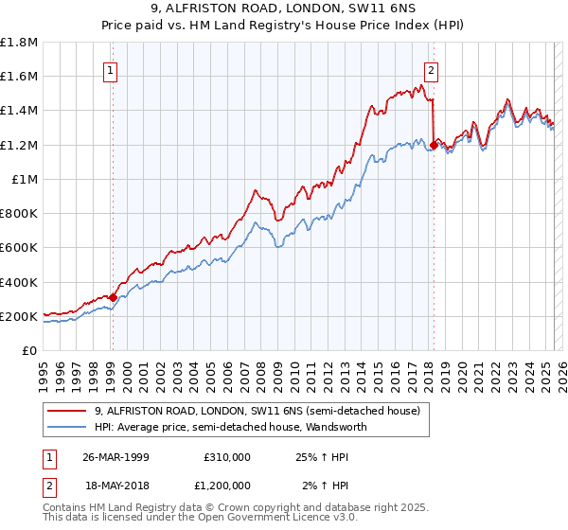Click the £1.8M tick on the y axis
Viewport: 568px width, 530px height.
[19, 43]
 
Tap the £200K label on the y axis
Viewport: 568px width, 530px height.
[19, 316]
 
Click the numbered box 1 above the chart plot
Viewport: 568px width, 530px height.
[111, 69]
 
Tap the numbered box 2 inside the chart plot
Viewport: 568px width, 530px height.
[431, 69]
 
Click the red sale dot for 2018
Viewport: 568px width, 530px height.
[434, 145]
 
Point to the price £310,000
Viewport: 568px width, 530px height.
[227, 456]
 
